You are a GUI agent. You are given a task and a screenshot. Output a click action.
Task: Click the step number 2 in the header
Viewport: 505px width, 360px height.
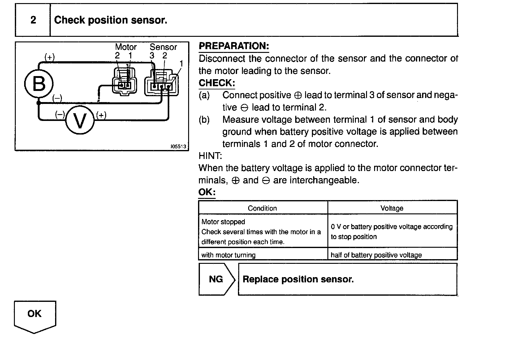(x=33, y=20)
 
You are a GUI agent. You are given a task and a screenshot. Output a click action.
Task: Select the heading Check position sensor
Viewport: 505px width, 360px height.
(x=110, y=20)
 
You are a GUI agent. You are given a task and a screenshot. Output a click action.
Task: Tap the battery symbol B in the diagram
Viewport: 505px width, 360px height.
(x=39, y=84)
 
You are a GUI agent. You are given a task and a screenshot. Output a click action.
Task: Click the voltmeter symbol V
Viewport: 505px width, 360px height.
(x=80, y=121)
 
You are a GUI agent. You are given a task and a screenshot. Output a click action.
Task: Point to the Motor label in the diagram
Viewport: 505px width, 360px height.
(x=126, y=47)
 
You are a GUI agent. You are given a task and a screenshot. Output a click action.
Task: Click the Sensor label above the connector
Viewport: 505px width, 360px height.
(x=163, y=47)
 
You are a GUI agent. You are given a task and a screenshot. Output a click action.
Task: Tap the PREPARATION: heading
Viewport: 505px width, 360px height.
(x=234, y=46)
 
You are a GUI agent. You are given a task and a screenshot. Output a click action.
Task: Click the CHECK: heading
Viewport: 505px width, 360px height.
(x=217, y=83)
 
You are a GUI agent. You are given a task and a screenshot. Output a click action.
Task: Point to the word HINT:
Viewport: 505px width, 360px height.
(x=210, y=156)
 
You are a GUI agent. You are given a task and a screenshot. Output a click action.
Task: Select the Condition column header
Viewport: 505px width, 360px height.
(x=262, y=208)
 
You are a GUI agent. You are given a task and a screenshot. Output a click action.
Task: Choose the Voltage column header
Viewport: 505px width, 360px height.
(x=392, y=208)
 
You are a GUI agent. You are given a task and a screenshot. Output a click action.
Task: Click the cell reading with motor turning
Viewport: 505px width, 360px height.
(x=228, y=255)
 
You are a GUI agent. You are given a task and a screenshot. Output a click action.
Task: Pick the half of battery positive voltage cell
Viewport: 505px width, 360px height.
(x=376, y=255)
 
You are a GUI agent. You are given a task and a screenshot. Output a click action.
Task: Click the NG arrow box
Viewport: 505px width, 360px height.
(x=216, y=279)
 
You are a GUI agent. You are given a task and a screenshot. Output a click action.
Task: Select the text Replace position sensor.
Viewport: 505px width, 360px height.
(x=298, y=279)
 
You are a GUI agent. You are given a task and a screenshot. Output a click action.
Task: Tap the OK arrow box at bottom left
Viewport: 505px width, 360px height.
(x=34, y=315)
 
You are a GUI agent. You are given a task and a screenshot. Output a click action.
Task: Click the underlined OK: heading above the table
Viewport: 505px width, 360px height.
(x=207, y=192)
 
